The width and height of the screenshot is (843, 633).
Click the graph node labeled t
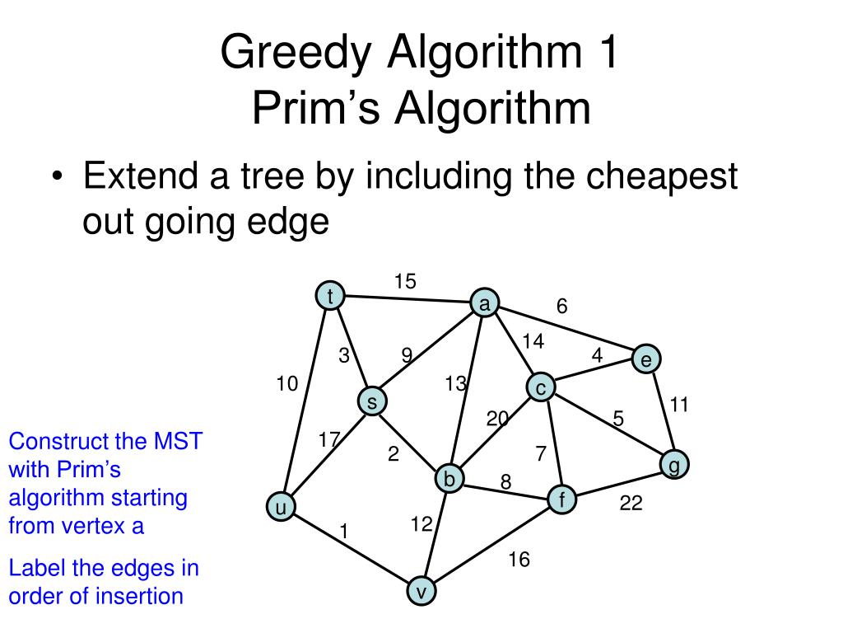pyautogui.click(x=330, y=296)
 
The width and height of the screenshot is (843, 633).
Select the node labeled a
pyautogui.click(x=484, y=304)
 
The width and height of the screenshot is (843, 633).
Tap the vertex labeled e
pyautogui.click(x=646, y=359)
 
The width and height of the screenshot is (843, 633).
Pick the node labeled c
pyautogui.click(x=541, y=387)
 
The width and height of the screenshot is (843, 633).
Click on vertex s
pyautogui.click(x=372, y=401)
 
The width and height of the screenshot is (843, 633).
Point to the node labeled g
pyautogui.click(x=674, y=465)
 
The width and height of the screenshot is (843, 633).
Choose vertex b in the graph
pyautogui.click(x=449, y=479)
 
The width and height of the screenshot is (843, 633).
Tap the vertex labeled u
pyautogui.click(x=280, y=508)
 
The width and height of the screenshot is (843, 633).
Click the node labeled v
pyautogui.click(x=421, y=591)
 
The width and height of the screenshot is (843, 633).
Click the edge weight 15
pyautogui.click(x=405, y=282)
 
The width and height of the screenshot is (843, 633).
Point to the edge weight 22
pyautogui.click(x=631, y=503)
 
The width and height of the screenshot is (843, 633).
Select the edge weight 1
pyautogui.click(x=344, y=532)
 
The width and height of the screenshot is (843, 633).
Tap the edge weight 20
pyautogui.click(x=497, y=419)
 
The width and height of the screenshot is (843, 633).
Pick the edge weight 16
pyautogui.click(x=519, y=560)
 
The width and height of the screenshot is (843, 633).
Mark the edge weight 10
pyautogui.click(x=286, y=383)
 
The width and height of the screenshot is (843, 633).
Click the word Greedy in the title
pyautogui.click(x=291, y=55)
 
